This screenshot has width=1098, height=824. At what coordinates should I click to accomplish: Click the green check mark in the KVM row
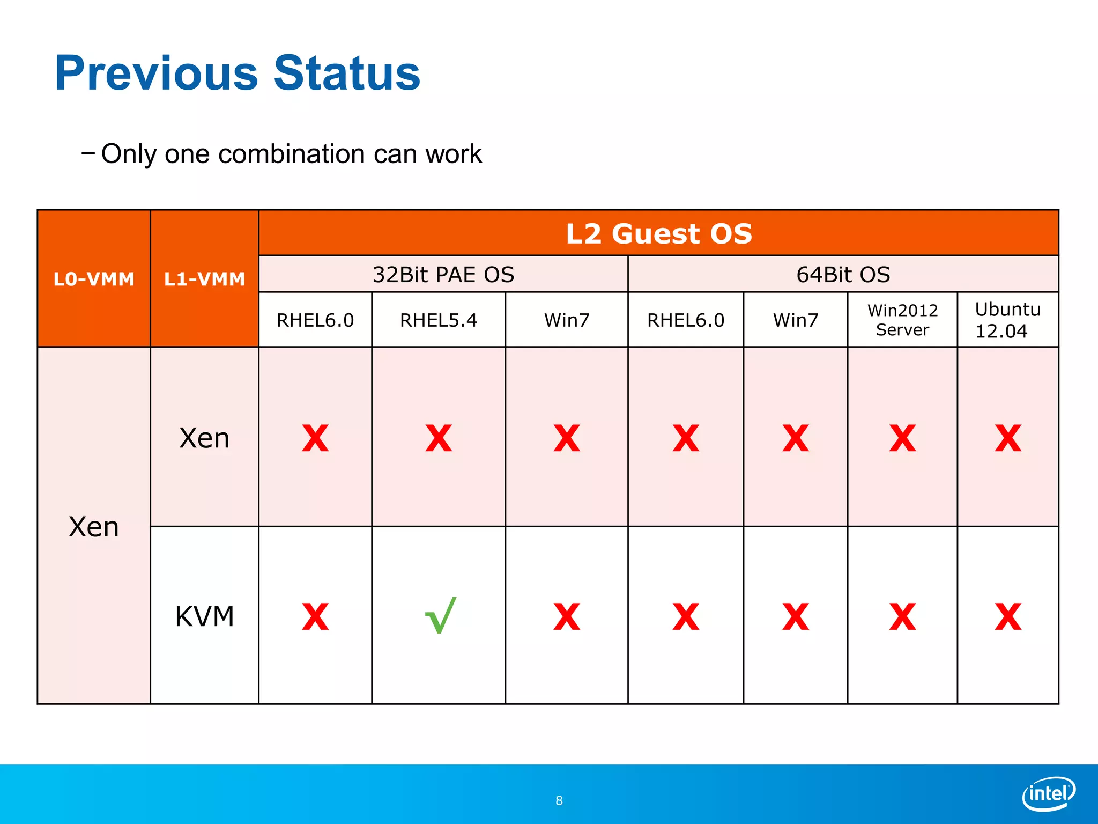coord(440,616)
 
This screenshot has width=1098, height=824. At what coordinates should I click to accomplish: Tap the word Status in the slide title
coord(347,73)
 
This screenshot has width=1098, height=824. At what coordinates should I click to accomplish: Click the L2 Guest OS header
coord(658,233)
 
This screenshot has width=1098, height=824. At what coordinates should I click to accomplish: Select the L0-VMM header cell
coord(94,279)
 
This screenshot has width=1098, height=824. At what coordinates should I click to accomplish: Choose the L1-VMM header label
coord(204,279)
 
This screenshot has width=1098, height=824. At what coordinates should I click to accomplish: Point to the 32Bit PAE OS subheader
coord(443,275)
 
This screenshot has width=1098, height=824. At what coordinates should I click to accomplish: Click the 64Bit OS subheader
coord(843,275)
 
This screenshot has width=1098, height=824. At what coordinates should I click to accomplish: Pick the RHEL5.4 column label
coord(438,320)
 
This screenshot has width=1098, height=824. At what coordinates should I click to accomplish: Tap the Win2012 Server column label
coord(902,320)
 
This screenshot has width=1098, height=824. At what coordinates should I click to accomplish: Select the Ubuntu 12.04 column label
coord(1007,320)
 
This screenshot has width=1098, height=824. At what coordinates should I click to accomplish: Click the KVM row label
coord(204,616)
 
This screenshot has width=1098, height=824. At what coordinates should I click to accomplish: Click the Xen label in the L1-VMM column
coord(204,438)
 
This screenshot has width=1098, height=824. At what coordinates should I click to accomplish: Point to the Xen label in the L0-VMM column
coord(94,527)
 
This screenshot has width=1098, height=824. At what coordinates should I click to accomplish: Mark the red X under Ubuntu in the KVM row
coord(1008,617)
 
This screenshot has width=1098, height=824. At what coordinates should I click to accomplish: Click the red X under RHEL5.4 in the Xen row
coord(439,439)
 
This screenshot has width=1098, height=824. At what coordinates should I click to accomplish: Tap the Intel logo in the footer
coord(1049,793)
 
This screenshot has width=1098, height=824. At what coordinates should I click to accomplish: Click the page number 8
coord(559,800)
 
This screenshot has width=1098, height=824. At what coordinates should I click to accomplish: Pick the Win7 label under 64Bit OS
coord(795,320)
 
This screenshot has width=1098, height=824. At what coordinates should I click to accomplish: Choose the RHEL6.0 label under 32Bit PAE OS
coord(315,320)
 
